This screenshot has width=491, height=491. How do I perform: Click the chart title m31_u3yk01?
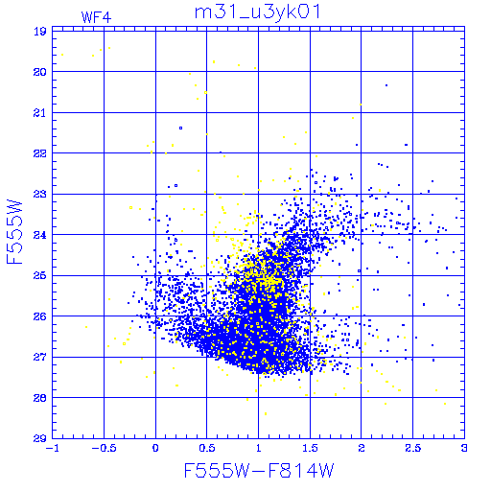point(257,12)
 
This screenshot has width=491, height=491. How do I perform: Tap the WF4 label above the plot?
point(96,17)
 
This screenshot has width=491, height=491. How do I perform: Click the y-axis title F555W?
point(14,232)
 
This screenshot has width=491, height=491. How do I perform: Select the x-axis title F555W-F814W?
point(259,470)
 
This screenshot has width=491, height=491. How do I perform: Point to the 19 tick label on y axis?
point(40,32)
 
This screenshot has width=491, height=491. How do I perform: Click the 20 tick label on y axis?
point(40,72)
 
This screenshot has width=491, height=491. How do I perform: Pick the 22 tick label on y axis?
point(40,153)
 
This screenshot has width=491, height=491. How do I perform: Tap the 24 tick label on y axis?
point(40,235)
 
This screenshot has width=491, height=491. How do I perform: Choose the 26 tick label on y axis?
point(40,316)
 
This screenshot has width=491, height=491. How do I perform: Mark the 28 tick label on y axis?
point(40,398)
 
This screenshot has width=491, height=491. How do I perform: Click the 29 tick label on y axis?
point(40,438)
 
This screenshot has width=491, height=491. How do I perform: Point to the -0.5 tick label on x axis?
point(104,448)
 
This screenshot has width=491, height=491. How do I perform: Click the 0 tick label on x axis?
point(155,448)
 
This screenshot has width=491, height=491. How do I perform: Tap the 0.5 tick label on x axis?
point(207,448)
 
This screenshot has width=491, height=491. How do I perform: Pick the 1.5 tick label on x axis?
point(310,448)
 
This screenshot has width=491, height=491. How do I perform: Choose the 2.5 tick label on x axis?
point(412,448)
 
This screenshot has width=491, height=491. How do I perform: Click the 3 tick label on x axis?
point(464,448)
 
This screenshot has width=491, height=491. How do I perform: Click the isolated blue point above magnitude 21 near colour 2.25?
point(386,85)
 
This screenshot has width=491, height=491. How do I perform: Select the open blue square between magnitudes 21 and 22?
point(181,129)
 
